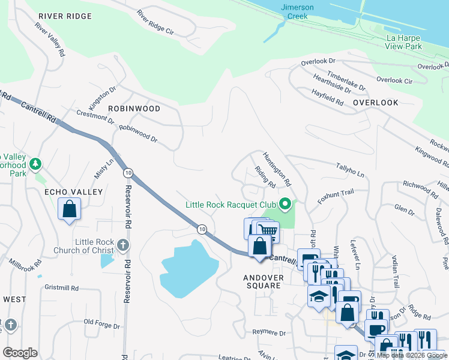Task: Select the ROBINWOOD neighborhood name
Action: pyautogui.click(x=134, y=109)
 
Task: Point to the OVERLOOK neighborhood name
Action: pyautogui.click(x=376, y=103)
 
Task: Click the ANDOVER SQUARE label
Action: pyautogui.click(x=262, y=281)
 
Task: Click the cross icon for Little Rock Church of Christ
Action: pyautogui.click(x=122, y=245)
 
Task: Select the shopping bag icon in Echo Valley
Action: pyautogui.click(x=70, y=209)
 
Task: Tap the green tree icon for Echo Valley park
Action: pyautogui.click(x=35, y=164)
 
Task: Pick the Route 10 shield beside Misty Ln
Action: pyautogui.click(x=127, y=173)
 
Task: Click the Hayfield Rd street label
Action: pyautogui.click(x=327, y=97)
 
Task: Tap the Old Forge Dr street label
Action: pyautogui.click(x=103, y=323)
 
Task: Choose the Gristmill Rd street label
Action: pyautogui.click(x=62, y=288)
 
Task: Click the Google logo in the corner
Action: pyautogui.click(x=20, y=353)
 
